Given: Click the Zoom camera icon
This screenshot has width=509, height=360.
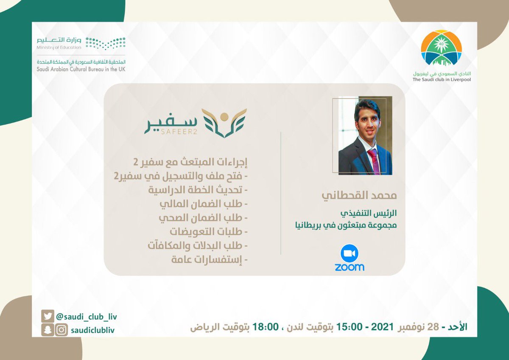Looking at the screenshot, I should coord(350,253).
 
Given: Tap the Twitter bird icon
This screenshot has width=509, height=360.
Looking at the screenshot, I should coord(47,316).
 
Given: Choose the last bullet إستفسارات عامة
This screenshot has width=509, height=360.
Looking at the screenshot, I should coord(207,259).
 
